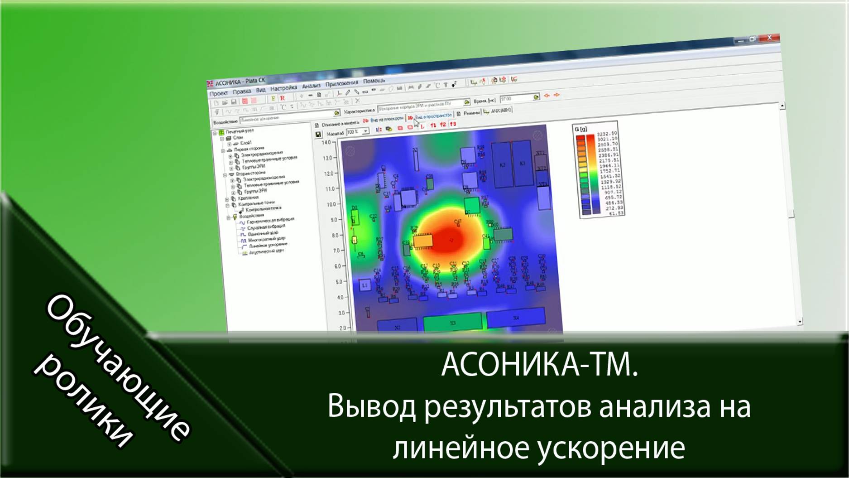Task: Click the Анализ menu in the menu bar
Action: [x=311, y=85]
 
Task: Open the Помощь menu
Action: [x=374, y=81]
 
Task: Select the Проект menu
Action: [x=218, y=93]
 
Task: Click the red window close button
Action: [x=769, y=38]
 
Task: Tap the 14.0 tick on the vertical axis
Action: [x=326, y=142]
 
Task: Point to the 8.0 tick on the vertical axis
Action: [x=335, y=236]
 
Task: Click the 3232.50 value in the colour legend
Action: [x=607, y=134]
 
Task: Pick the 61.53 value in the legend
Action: [x=616, y=213]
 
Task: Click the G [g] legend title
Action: [x=581, y=129]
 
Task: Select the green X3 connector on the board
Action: [x=452, y=323]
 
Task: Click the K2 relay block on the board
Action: [x=503, y=164]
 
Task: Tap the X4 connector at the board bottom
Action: [x=516, y=318]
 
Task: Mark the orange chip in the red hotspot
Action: [x=423, y=241]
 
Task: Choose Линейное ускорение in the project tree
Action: [x=268, y=245]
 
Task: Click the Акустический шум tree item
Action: [x=266, y=251]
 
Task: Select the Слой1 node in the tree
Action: [x=245, y=143]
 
